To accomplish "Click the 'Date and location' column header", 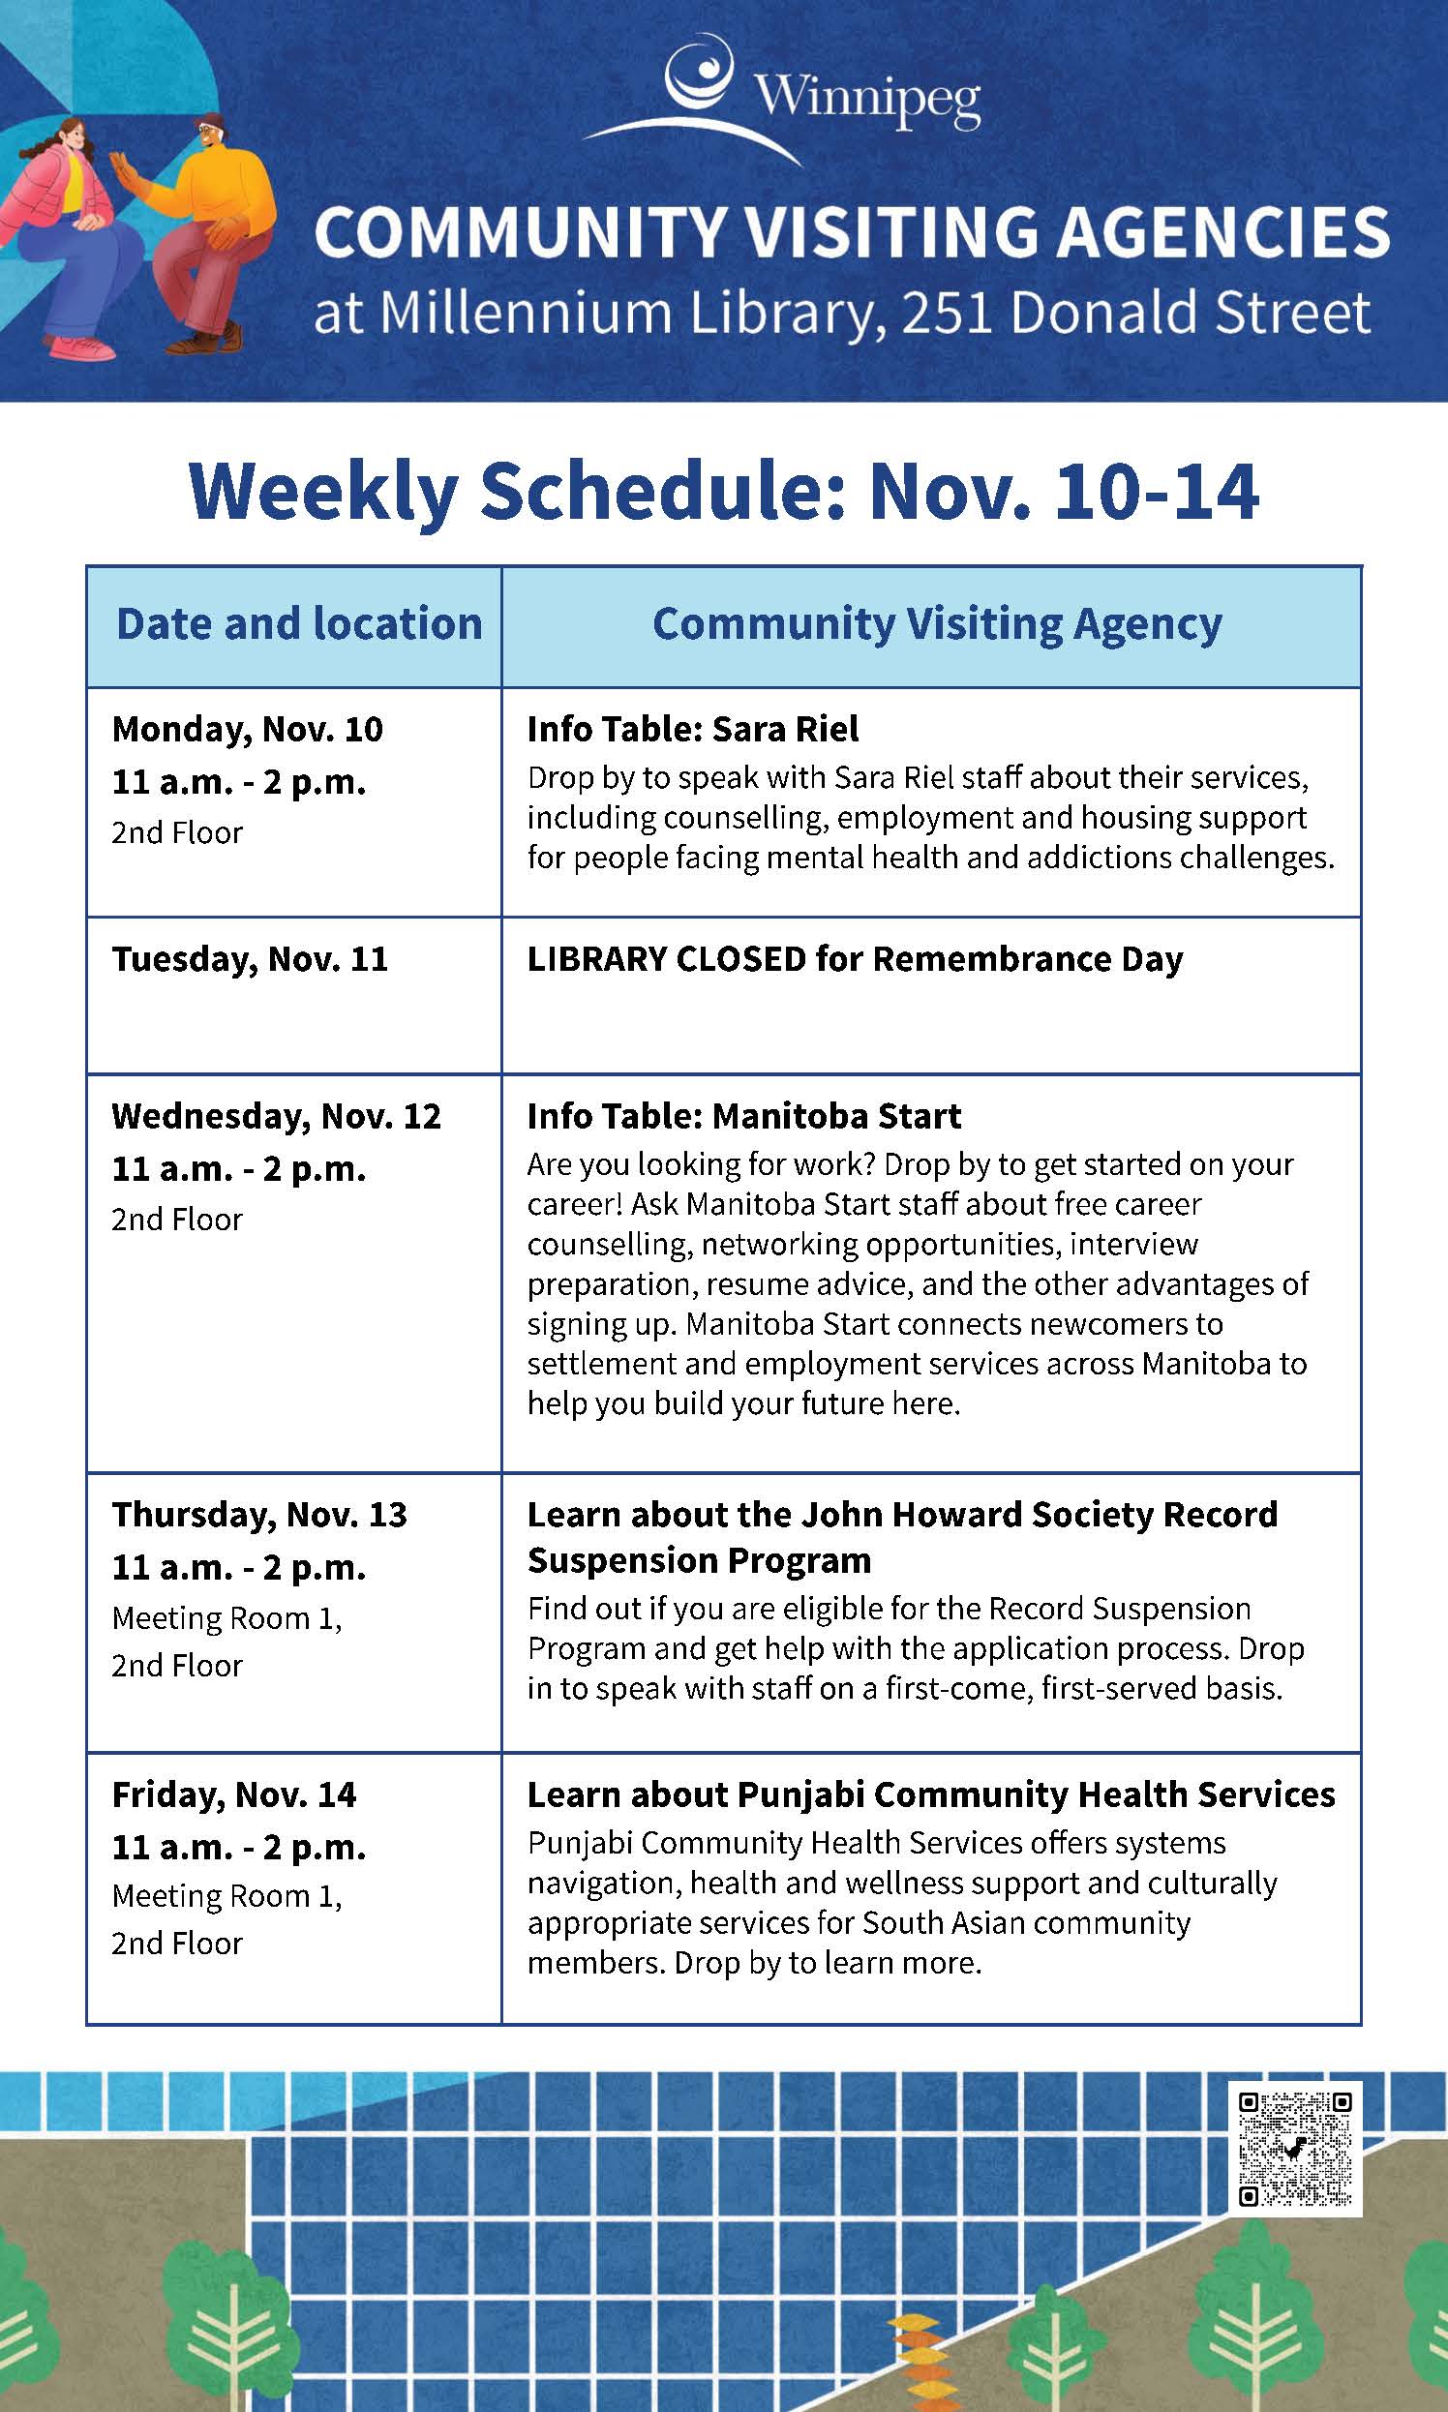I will [x=298, y=623].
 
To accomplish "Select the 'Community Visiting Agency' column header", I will [x=937, y=623].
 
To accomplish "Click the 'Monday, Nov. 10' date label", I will [x=247, y=729].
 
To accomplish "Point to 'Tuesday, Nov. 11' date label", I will [x=250, y=958].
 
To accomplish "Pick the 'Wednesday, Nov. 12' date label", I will [x=276, y=1115].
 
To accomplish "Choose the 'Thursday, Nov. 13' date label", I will [x=258, y=1514].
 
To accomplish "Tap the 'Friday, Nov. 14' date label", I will [x=234, y=1794].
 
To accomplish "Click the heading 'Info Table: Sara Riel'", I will [x=693, y=729].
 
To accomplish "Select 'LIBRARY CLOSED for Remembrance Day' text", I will [x=855, y=958].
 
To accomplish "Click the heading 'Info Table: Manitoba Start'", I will [x=743, y=1115].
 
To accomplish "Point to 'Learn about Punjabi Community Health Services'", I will [x=931, y=1794].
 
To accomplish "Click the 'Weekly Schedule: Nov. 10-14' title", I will [x=723, y=491].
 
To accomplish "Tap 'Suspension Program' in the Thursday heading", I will [x=699, y=1560].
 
